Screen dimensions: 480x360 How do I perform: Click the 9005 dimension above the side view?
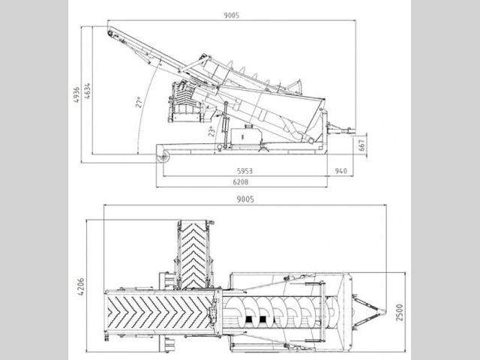232,15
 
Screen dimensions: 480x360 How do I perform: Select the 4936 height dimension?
76,94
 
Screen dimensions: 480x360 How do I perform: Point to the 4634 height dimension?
87,91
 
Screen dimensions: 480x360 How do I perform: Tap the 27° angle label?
139,102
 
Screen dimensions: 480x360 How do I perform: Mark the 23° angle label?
211,130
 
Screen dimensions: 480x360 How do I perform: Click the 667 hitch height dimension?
361,145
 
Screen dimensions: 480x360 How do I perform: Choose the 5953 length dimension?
245,171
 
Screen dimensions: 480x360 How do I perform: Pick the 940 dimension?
341,171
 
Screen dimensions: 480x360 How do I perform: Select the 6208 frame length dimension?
241,181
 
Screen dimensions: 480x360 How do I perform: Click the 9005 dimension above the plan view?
245,199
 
